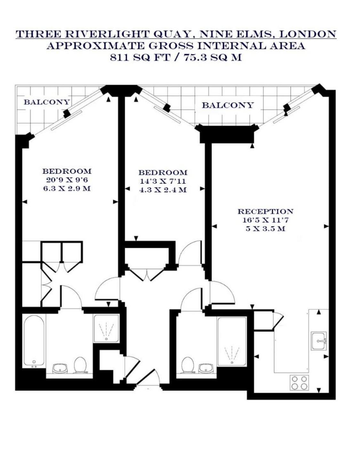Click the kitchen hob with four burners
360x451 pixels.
click(299, 383)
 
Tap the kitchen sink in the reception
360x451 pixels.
click(319, 341)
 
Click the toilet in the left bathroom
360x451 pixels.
click(80, 365)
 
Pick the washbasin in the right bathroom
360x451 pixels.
click(206, 368)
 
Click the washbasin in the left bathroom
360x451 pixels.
click(60, 368)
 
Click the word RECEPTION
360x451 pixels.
click(265, 212)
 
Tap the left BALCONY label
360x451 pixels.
click(46, 102)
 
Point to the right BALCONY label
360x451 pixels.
click(228, 105)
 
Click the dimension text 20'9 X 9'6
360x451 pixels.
click(67, 180)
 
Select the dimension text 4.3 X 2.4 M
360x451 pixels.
click(163, 190)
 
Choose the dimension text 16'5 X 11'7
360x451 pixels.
click(265, 220)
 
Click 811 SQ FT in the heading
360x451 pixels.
click(140, 57)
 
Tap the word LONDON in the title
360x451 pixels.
click(308, 34)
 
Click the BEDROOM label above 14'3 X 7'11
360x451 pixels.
click(163, 173)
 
